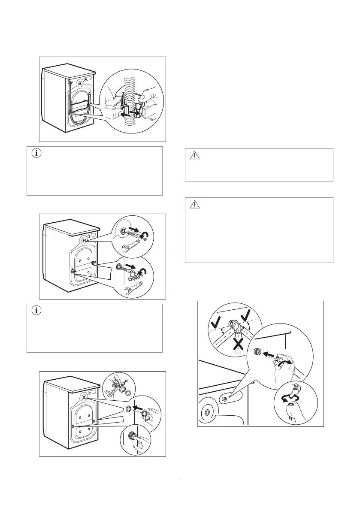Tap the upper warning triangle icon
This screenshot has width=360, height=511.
coord(195,156)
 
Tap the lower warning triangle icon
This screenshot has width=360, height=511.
coord(195,205)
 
